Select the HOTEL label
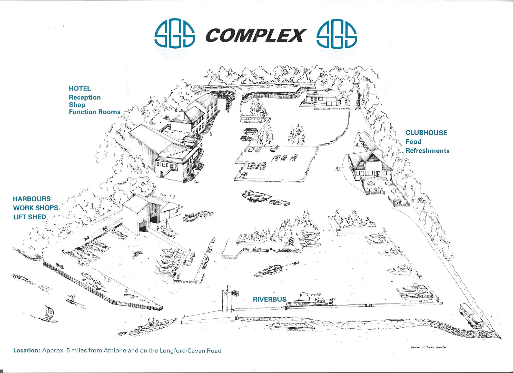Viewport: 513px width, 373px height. pyautogui.click(x=80, y=88)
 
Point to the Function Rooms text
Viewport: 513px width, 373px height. pyautogui.click(x=94, y=112)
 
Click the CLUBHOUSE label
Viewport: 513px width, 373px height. pyautogui.click(x=426, y=133)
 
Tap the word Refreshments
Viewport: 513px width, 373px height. pyautogui.click(x=427, y=151)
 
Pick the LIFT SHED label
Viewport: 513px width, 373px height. pyautogui.click(x=29, y=217)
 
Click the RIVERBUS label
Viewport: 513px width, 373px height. pyautogui.click(x=270, y=299)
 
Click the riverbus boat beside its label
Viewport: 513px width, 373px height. pyautogui.click(x=310, y=301)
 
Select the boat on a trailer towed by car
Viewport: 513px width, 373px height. pyautogui.click(x=256, y=196)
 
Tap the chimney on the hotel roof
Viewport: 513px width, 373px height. pyautogui.click(x=182, y=115)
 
